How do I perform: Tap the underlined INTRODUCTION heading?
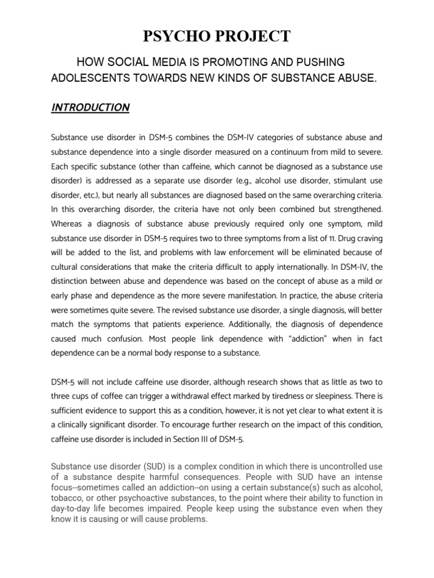pyautogui.click(x=90, y=107)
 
